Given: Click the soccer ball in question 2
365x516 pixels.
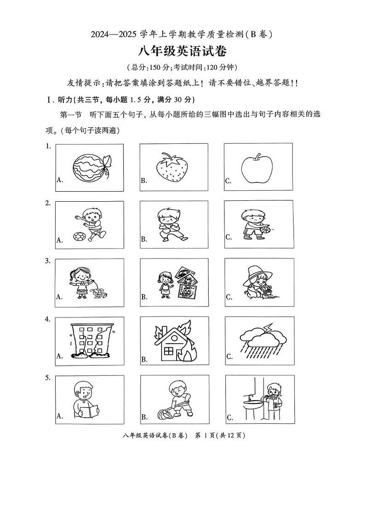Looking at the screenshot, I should [x=79, y=237].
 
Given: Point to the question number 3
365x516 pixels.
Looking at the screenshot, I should [x=48, y=261].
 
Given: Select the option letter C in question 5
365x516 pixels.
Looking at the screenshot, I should [x=229, y=417].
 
